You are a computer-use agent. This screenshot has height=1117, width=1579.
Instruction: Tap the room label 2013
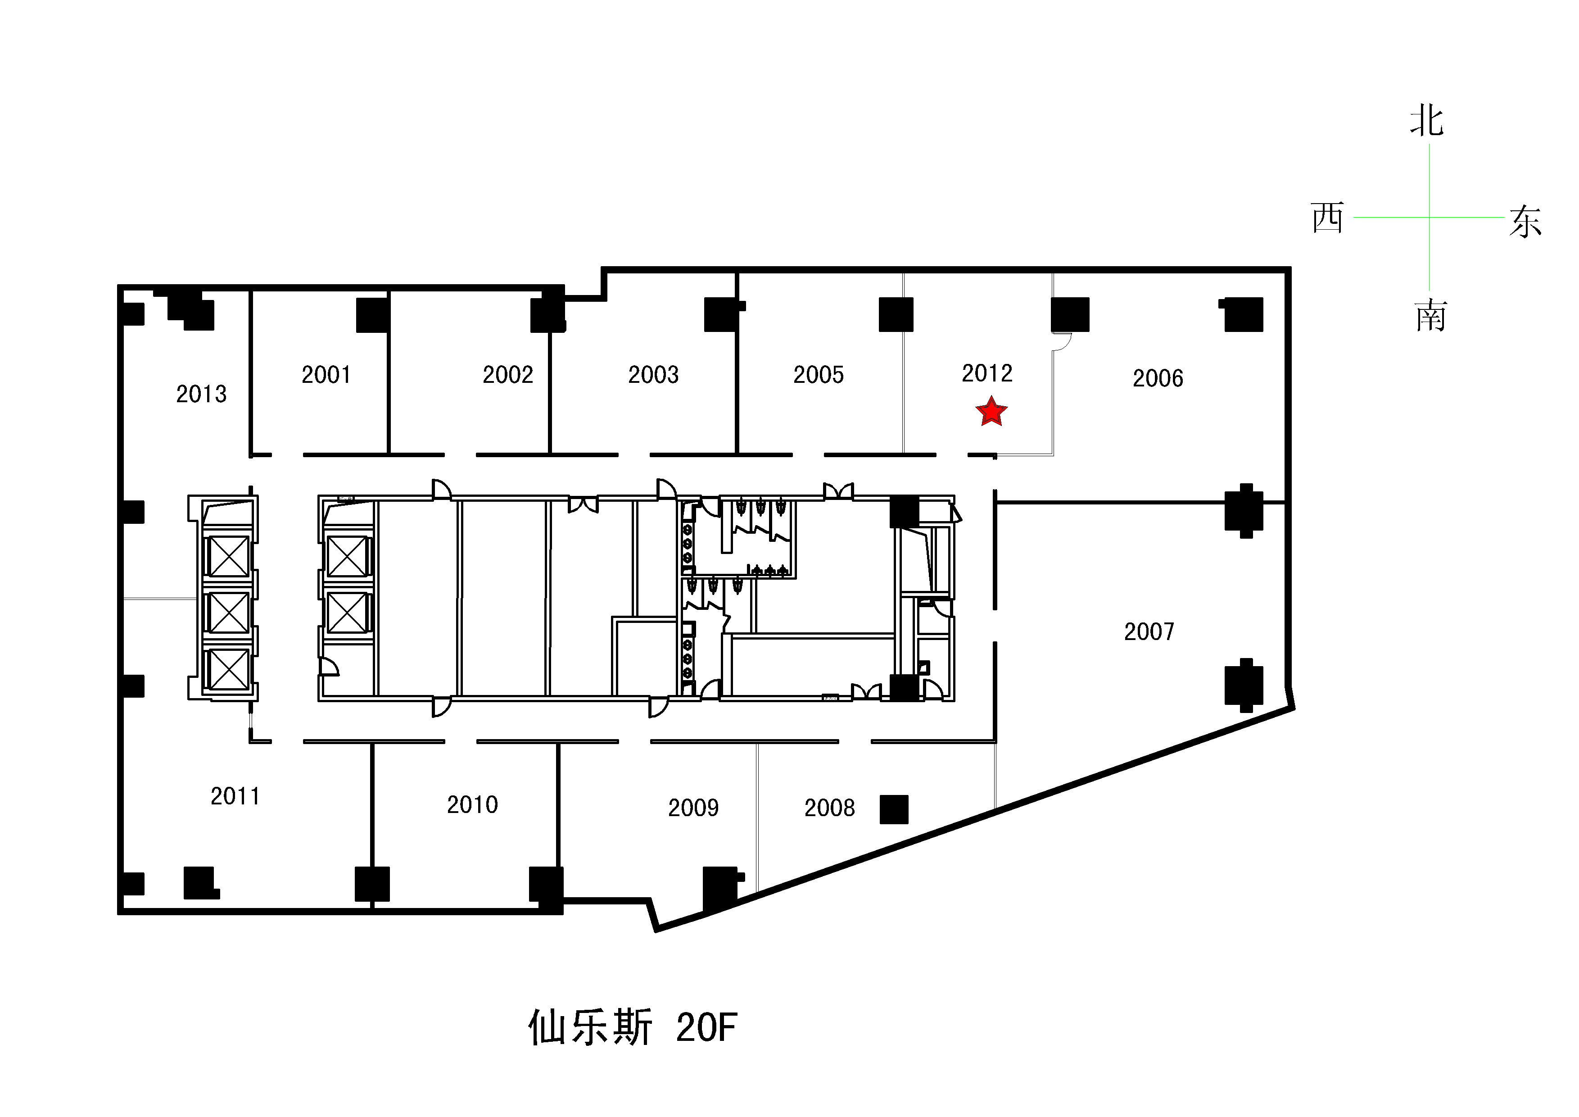coord(202,394)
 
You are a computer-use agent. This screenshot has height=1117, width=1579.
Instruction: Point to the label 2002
coord(508,375)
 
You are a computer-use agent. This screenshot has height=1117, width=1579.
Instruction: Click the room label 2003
coord(653,375)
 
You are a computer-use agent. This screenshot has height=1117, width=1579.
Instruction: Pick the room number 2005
coord(819,375)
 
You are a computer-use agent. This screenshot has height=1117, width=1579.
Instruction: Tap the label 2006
coord(1158,378)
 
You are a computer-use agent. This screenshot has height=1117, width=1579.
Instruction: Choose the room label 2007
coord(1149,632)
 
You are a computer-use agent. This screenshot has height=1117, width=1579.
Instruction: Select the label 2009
coord(693,808)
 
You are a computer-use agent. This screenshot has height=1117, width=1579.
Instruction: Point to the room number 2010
coord(472,805)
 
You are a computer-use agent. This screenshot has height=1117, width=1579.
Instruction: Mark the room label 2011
coord(235,796)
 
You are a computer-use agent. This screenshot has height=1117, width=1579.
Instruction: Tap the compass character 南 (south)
coord(1431,316)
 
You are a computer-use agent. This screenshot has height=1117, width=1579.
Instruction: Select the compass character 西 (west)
coord(1327,218)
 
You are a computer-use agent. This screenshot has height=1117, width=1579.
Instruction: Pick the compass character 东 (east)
coord(1525,222)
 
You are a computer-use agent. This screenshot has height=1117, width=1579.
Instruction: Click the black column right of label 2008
coord(894,809)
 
